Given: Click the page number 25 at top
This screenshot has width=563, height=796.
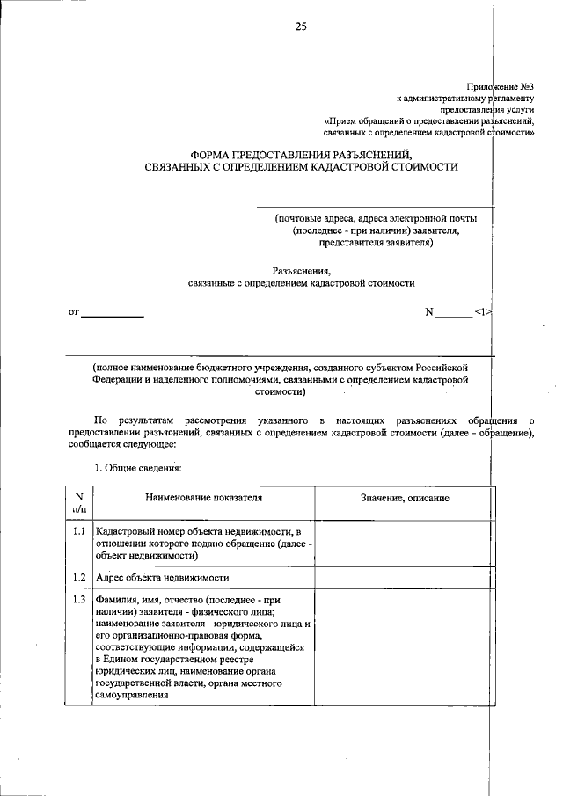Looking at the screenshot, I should tap(301, 27).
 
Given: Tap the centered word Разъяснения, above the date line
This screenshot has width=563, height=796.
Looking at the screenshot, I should tap(301, 272).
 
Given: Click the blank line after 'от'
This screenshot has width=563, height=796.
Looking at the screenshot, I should tap(112, 312).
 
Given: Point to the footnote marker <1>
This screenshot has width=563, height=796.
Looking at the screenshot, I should tap(481, 311).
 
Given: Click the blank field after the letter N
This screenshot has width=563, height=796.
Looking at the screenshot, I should tap(453, 312).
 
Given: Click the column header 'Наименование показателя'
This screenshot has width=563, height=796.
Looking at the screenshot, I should tap(203, 498).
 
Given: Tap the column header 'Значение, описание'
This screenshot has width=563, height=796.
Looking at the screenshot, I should tap(405, 498).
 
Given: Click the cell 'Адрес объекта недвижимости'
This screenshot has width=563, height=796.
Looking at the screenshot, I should tap(163, 578).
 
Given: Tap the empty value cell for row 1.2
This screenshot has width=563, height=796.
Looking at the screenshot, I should tap(403, 578).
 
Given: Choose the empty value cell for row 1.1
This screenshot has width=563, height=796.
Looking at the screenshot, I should tap(403, 544).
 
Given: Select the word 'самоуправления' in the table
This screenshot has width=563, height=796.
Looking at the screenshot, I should tap(132, 695).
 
